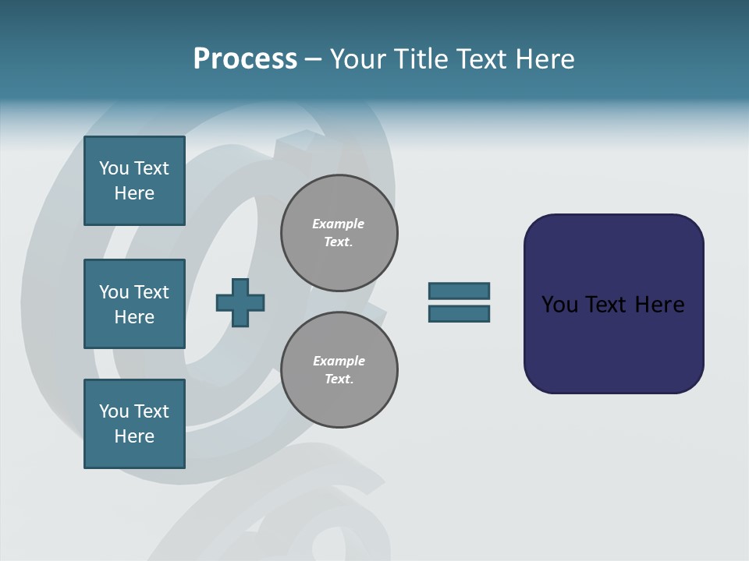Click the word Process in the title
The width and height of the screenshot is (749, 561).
pyautogui.click(x=245, y=59)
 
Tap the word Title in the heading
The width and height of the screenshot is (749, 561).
pyautogui.click(x=419, y=59)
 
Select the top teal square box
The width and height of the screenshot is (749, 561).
pyautogui.click(x=134, y=181)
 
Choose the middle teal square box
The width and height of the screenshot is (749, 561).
pyautogui.click(x=134, y=304)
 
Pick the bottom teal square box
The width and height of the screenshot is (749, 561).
pyautogui.click(x=134, y=424)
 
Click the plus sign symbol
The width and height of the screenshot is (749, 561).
pyautogui.click(x=240, y=302)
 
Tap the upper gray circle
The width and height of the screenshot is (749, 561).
pyautogui.click(x=339, y=233)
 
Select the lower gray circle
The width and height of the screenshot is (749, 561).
pyautogui.click(x=339, y=370)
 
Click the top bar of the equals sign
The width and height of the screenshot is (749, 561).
pyautogui.click(x=459, y=291)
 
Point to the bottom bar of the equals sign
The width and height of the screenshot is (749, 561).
pyautogui.click(x=459, y=313)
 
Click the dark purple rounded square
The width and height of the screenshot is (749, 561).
pyautogui.click(x=613, y=343)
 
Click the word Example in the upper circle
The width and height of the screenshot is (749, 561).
pyautogui.click(x=338, y=224)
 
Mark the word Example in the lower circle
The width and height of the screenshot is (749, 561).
pyautogui.click(x=339, y=361)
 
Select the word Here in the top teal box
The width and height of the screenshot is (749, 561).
pyautogui.click(x=134, y=193)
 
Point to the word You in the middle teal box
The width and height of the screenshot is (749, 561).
pyautogui.click(x=113, y=292)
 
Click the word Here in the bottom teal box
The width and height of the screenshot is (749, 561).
pyautogui.click(x=134, y=436)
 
